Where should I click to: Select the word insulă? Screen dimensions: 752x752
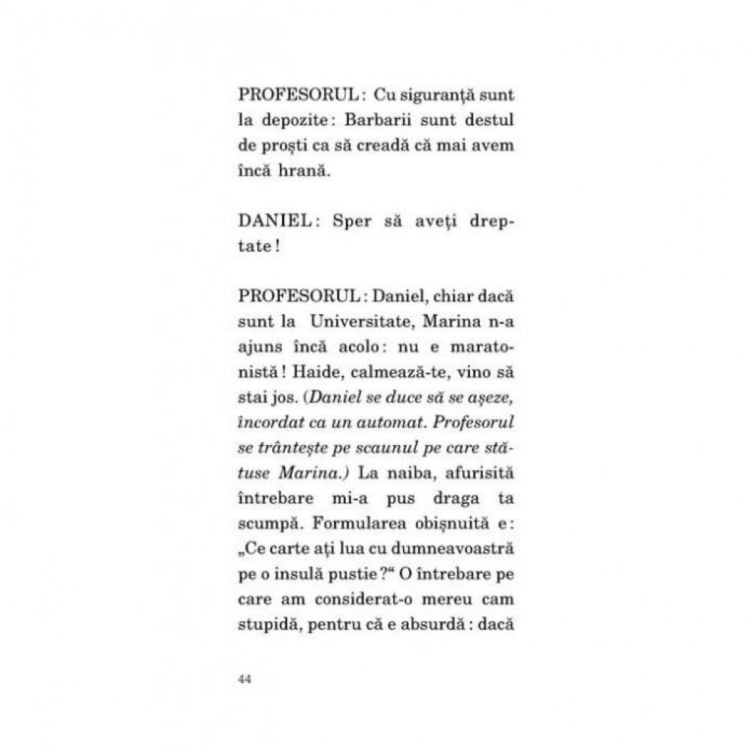click(x=302, y=578)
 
